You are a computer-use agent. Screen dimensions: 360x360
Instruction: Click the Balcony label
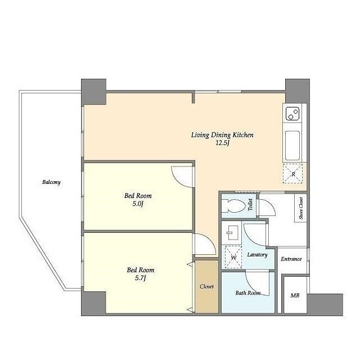tap(51, 182)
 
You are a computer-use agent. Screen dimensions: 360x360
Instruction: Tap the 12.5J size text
tap(223, 143)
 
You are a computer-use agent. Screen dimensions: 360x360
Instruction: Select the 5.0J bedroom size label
tap(138, 204)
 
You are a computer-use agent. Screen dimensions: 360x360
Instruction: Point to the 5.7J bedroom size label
tap(141, 278)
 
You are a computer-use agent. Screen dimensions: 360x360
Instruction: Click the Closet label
tap(206, 286)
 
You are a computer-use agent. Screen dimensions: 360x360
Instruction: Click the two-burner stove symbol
tap(292, 114)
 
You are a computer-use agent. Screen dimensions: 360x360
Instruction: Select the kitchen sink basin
tap(292, 146)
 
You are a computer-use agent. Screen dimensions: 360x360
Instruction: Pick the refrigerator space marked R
tap(292, 174)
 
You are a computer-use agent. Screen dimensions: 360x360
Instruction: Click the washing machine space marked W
tap(233, 257)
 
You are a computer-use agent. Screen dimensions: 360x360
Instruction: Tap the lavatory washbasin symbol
tap(232, 232)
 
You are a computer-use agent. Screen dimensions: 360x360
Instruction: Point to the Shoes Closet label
tap(301, 208)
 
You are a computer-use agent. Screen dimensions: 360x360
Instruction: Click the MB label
tap(295, 295)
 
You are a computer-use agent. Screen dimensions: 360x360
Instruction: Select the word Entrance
tap(291, 259)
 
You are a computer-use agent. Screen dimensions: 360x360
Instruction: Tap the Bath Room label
tap(248, 293)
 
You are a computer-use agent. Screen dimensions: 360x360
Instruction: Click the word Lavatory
tap(258, 255)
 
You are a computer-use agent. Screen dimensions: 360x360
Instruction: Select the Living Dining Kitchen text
tap(223, 135)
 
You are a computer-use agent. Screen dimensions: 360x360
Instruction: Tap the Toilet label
tap(250, 205)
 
